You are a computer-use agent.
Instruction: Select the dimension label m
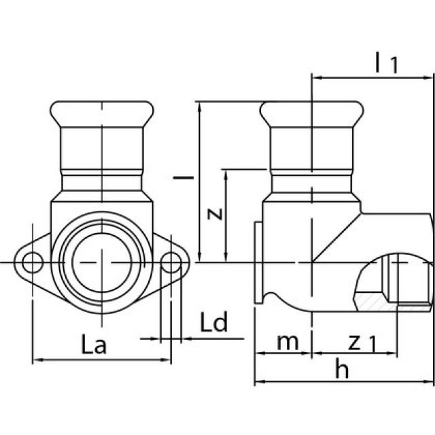tap(288, 342)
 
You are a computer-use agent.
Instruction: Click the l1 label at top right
tap(385, 63)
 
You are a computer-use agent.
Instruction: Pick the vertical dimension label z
tap(215, 214)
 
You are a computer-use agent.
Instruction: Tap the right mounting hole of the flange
tap(172, 262)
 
